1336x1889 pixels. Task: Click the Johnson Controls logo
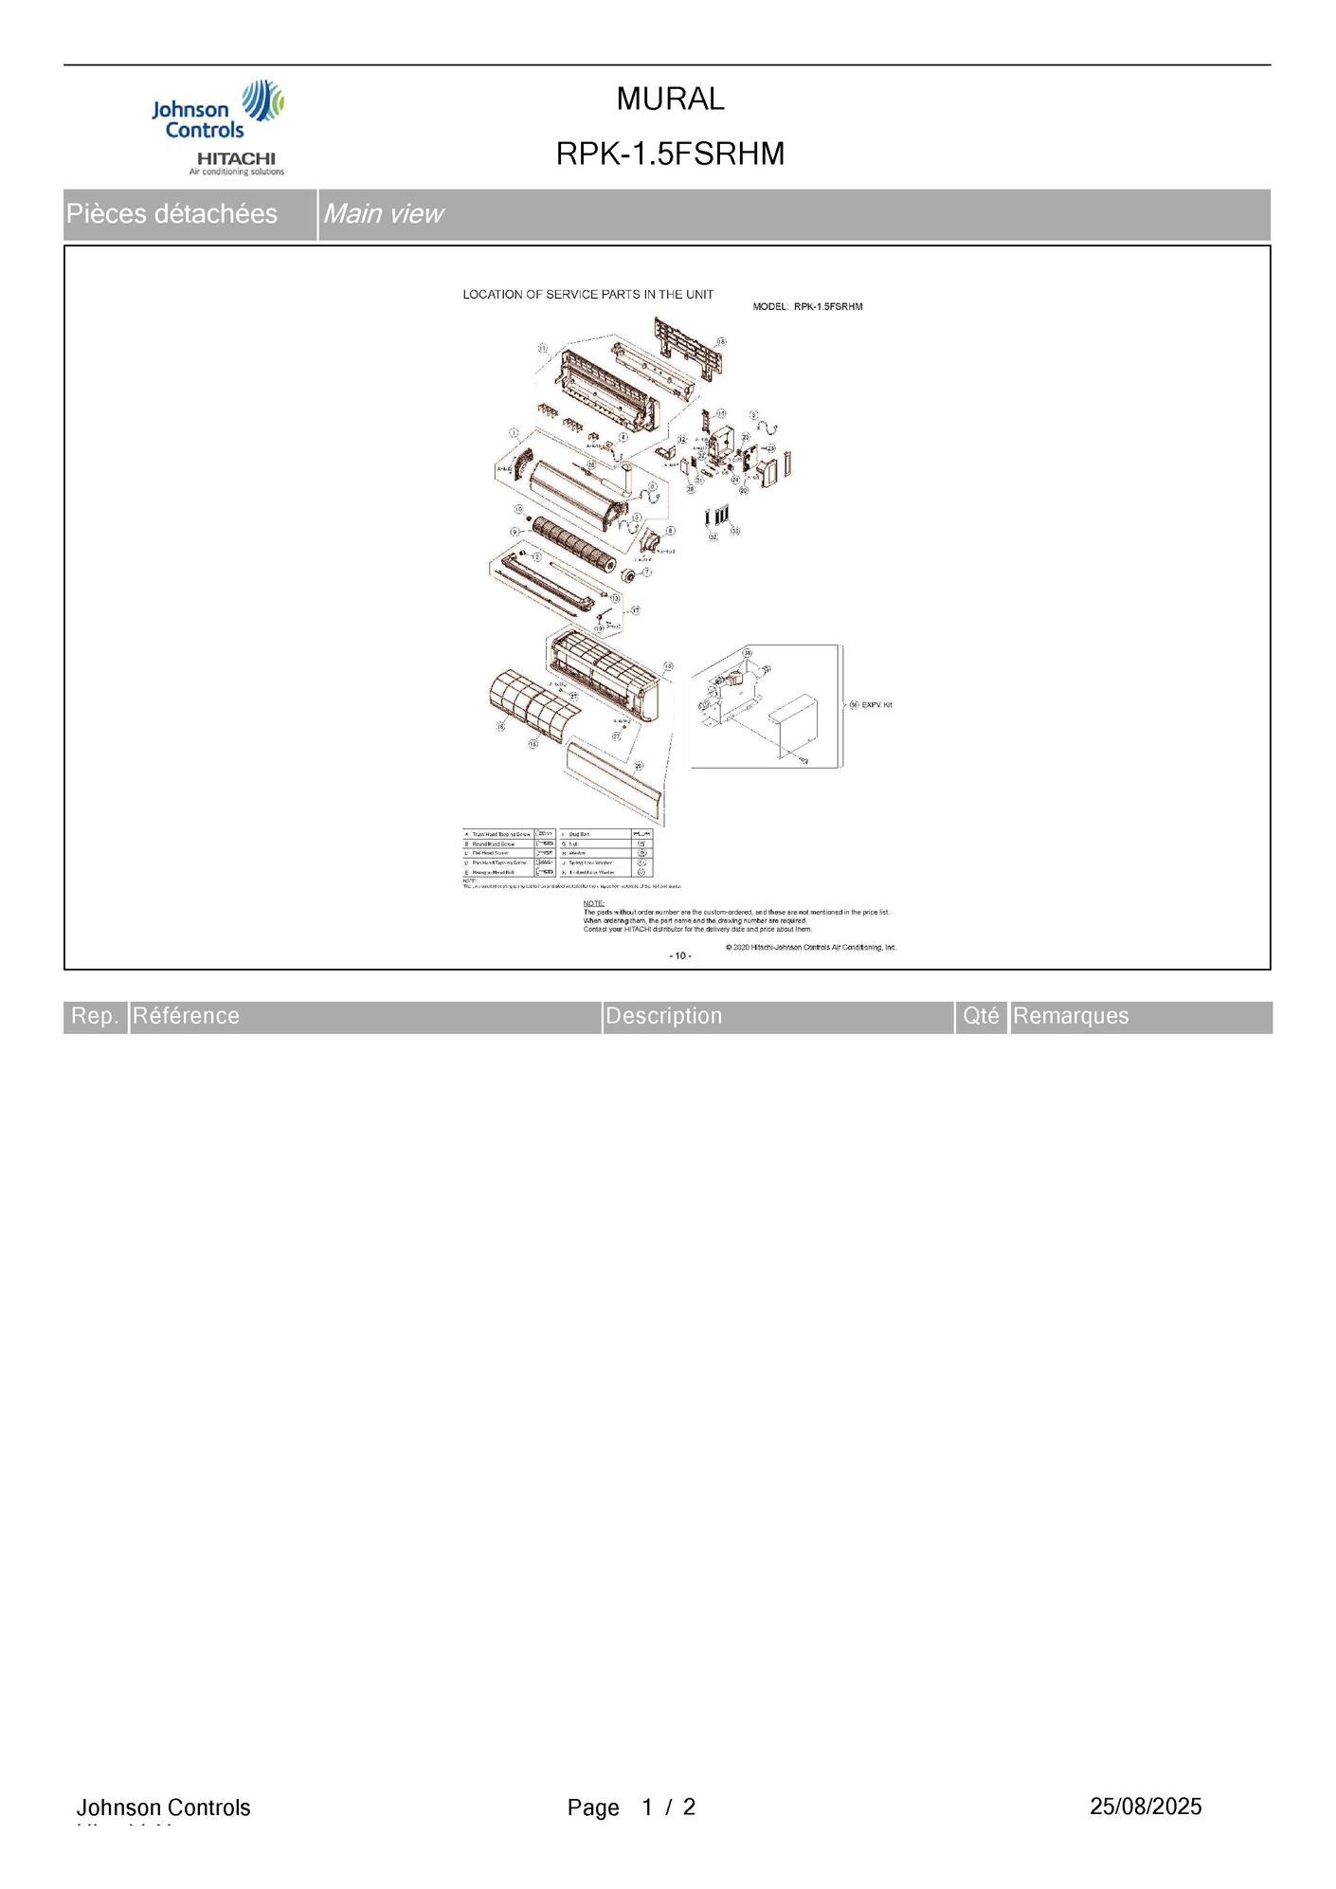217,111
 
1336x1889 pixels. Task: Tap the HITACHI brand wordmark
236,157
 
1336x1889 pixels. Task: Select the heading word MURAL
670,99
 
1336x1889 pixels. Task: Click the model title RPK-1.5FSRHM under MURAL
670,154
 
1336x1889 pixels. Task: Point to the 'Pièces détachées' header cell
172,214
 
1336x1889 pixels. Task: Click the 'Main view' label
382,214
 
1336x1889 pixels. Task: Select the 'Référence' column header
187,1016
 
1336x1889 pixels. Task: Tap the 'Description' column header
663,1016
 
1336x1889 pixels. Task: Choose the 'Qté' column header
981,1016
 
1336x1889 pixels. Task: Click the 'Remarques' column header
1071,1016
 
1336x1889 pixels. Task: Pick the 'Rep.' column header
96,1016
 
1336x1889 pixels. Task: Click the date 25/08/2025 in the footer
1145,1807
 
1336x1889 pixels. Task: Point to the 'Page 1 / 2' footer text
631,1807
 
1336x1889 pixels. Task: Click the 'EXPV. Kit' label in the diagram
876,705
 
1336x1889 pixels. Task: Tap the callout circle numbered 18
721,341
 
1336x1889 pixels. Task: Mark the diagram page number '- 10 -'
680,955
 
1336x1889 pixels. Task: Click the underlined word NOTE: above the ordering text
593,903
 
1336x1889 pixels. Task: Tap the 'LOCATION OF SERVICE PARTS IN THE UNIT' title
587,295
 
